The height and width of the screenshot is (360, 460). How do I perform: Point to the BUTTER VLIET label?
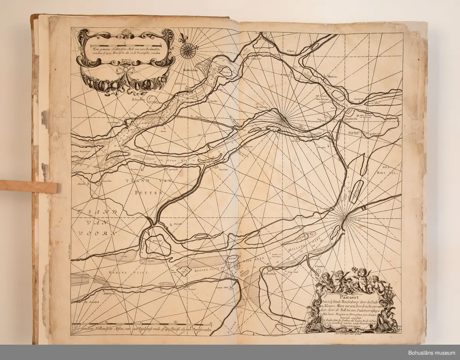click(207, 270)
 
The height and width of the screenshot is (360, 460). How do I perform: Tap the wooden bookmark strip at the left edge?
click(29, 186)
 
